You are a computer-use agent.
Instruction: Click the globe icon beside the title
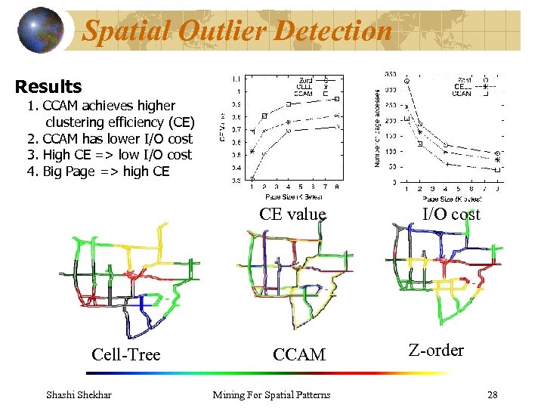[x=39, y=30]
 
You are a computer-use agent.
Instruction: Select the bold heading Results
[x=48, y=86]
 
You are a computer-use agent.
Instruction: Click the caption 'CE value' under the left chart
[x=292, y=214]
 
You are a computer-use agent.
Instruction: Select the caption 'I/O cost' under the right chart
[x=450, y=214]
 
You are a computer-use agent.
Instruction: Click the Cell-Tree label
[x=125, y=354]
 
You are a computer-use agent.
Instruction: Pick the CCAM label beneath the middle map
[x=299, y=354]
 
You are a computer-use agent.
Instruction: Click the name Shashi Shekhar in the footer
[x=79, y=394]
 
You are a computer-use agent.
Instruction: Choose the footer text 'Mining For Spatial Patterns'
[x=271, y=394]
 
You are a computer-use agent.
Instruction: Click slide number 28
[x=492, y=394]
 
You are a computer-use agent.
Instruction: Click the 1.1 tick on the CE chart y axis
[x=237, y=79]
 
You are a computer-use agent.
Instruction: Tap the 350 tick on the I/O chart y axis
[x=391, y=74]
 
